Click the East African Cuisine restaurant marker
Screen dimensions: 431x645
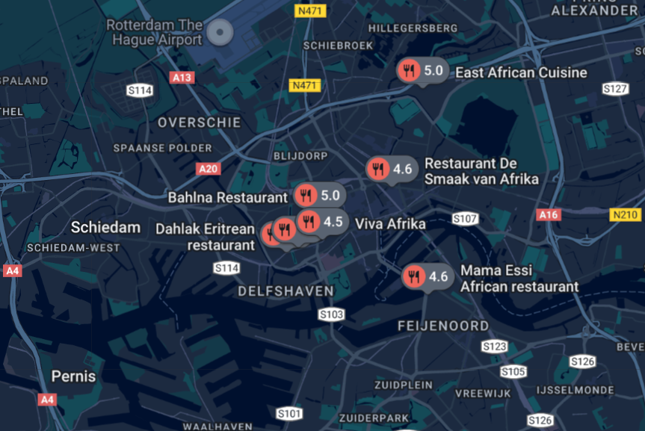(x=409, y=72)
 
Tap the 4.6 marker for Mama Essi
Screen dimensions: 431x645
(x=414, y=276)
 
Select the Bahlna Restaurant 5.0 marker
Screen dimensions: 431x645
(x=306, y=196)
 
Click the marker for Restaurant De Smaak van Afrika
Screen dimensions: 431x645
(x=378, y=169)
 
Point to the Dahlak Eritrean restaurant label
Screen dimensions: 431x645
(x=206, y=237)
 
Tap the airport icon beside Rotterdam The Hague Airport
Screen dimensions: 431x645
(x=219, y=31)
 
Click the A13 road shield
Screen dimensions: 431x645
(x=182, y=77)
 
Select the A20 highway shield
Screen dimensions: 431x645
(x=209, y=169)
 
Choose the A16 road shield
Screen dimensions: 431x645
(x=549, y=215)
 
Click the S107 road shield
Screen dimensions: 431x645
(x=465, y=219)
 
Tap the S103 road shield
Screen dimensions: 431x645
(x=332, y=314)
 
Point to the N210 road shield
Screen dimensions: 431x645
(x=626, y=215)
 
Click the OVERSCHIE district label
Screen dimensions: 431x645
(x=200, y=122)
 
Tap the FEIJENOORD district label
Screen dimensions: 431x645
(x=443, y=326)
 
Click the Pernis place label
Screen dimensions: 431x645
(x=73, y=376)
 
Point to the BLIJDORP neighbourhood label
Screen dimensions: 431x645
(x=300, y=155)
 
